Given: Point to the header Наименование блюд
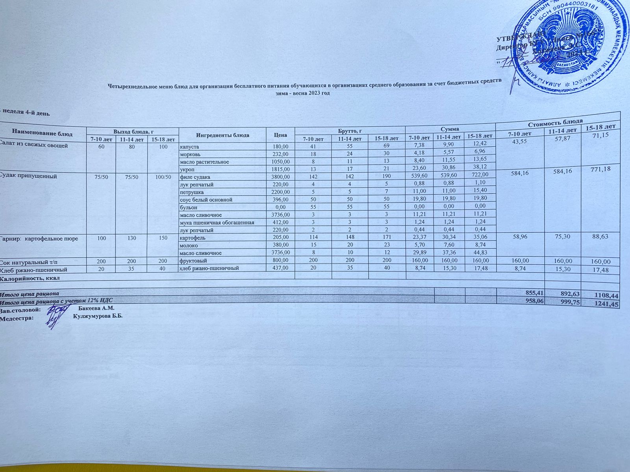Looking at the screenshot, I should click(42, 133).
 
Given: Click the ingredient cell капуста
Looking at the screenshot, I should click(189, 147).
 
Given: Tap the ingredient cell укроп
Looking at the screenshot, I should click(187, 169).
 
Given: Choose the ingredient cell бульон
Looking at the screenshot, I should click(189, 207).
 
